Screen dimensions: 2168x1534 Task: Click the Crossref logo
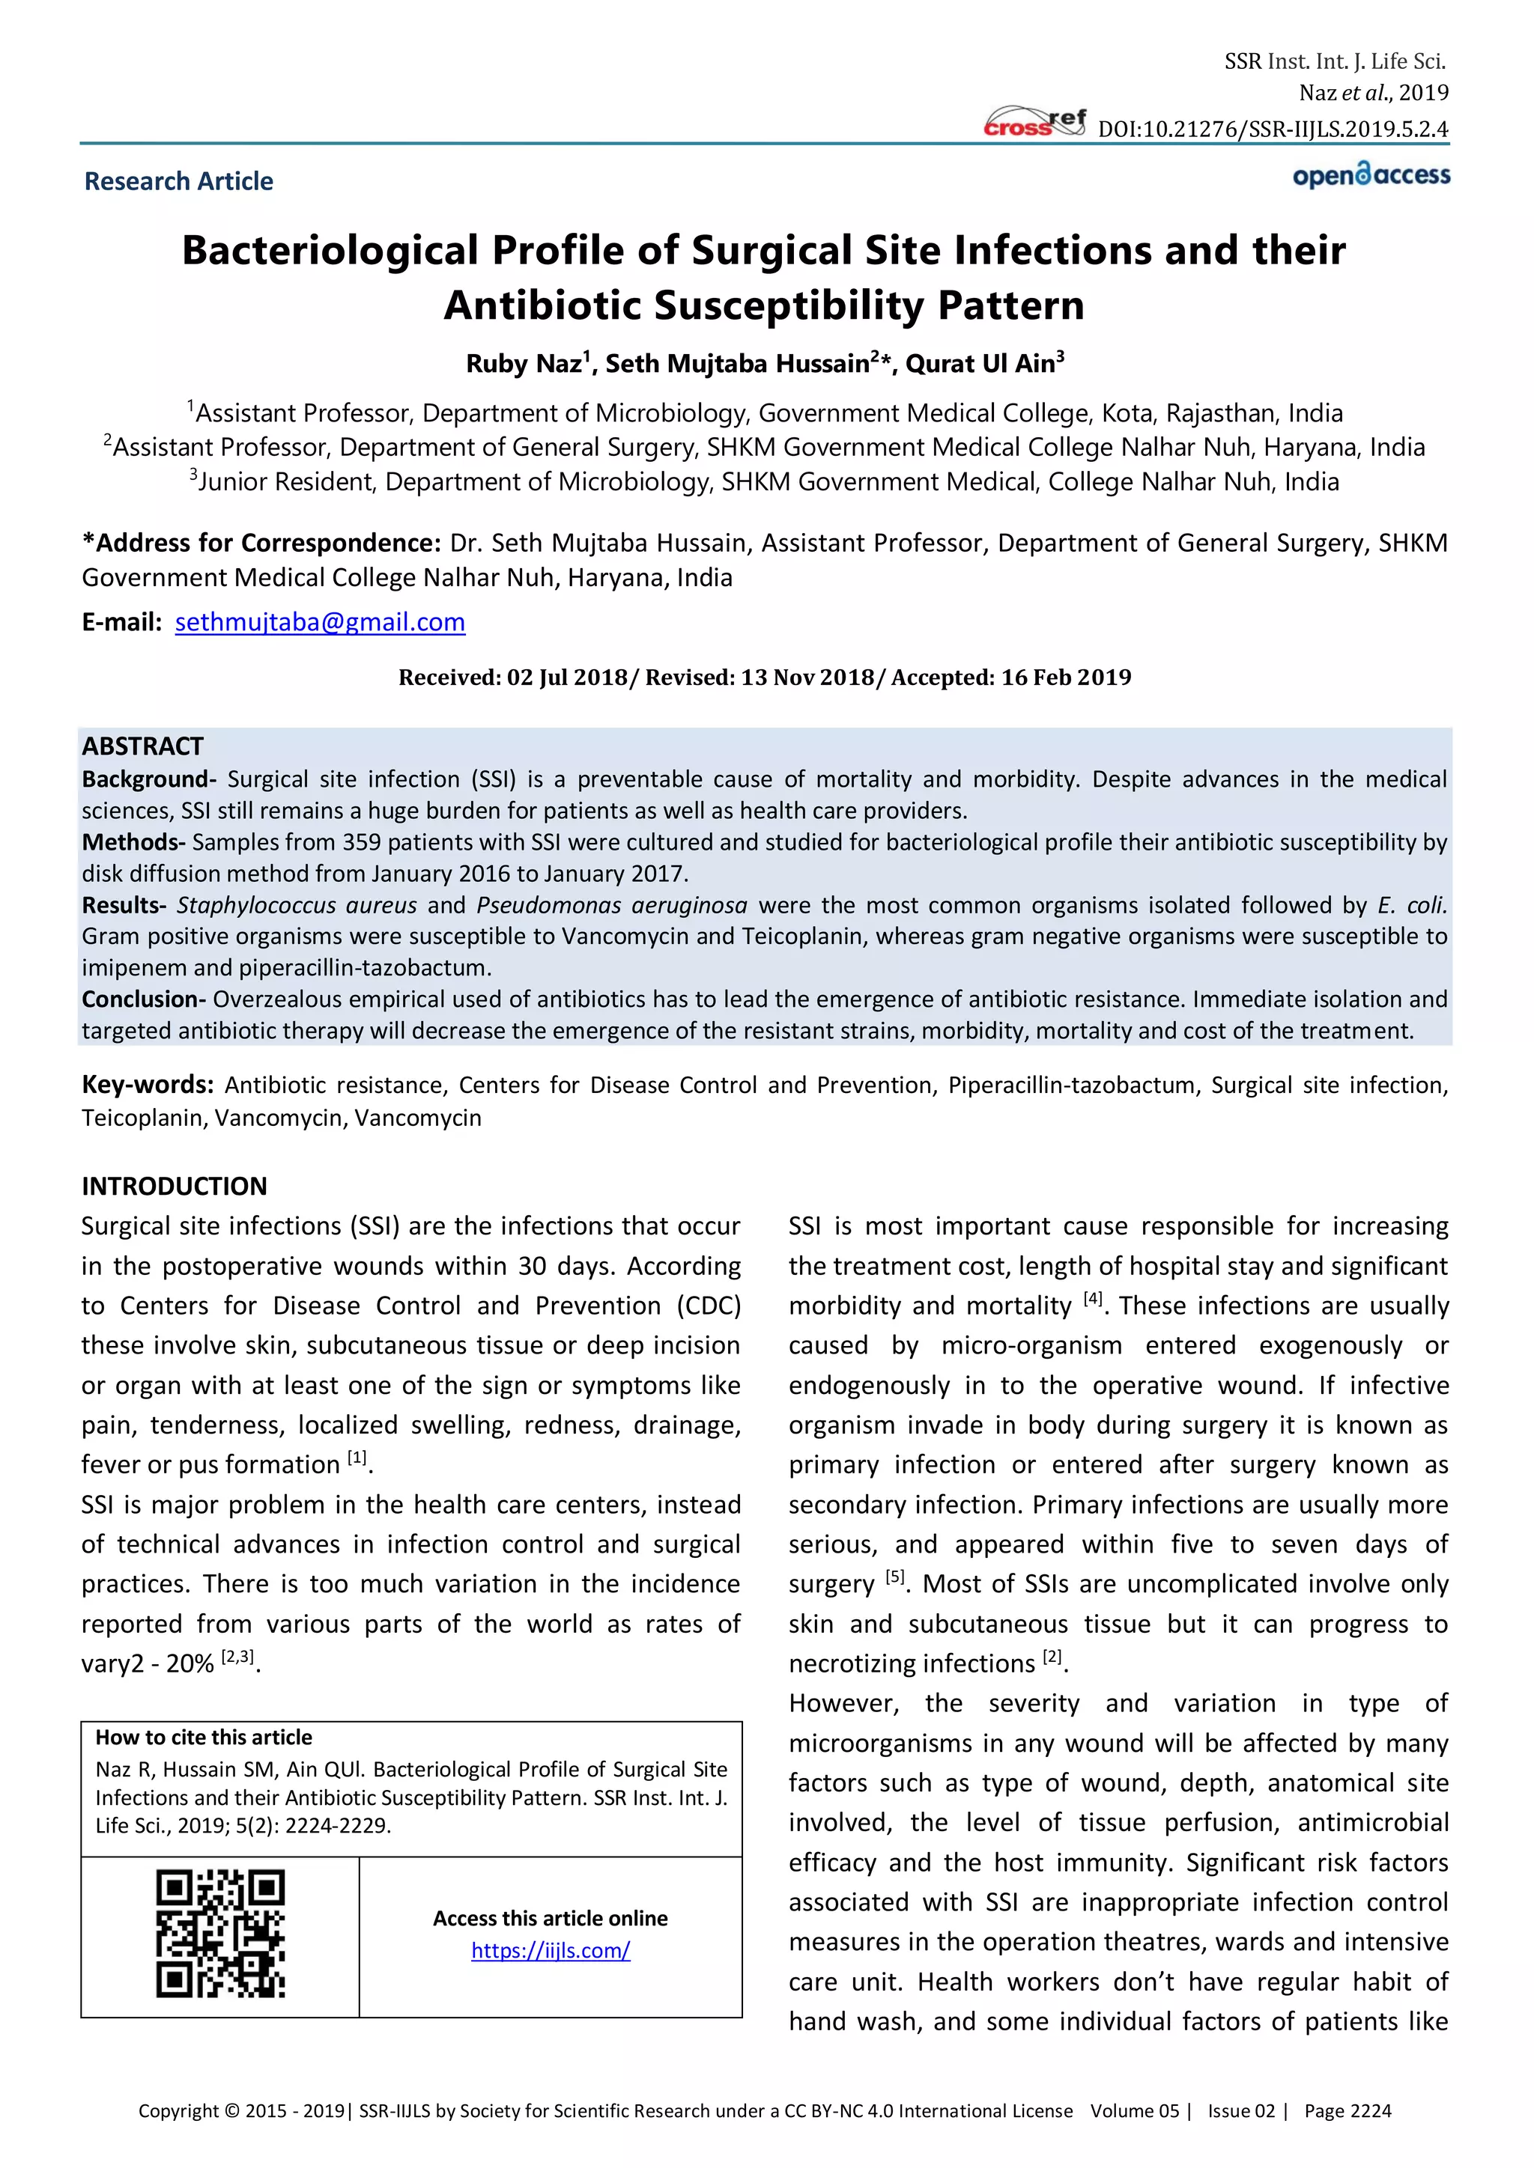[x=1034, y=124]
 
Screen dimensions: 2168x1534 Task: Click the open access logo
[x=1371, y=176]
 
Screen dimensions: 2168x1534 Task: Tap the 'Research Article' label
[x=178, y=181]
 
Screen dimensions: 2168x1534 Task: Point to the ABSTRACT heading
[x=142, y=746]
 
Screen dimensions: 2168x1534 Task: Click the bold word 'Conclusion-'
[x=144, y=999]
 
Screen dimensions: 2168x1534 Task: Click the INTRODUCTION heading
[x=174, y=1186]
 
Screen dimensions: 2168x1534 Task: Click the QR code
[x=220, y=1934]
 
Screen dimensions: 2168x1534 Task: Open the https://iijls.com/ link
[x=550, y=1951]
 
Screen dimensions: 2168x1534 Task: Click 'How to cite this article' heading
[x=203, y=1738]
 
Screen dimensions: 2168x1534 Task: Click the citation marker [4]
[x=1092, y=1300]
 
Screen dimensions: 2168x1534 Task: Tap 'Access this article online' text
[x=550, y=1919]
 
